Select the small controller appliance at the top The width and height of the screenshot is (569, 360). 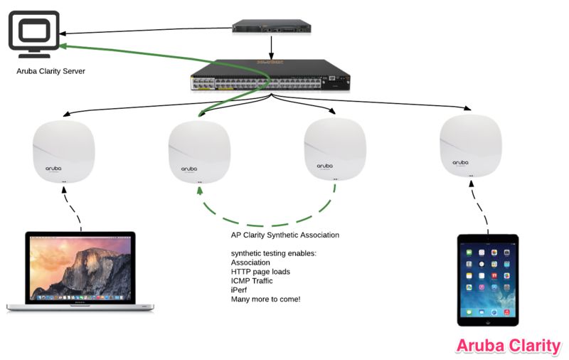[271, 28]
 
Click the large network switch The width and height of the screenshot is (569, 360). [268, 79]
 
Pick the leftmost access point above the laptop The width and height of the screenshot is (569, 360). [64, 153]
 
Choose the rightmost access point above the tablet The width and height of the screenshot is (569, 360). [470, 146]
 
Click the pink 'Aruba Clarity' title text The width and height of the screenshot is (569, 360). [508, 346]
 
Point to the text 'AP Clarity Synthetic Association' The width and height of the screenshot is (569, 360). [284, 235]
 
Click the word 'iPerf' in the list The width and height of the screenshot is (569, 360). [240, 290]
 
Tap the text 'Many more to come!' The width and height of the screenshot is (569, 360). [265, 299]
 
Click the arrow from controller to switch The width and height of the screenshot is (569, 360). [272, 47]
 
